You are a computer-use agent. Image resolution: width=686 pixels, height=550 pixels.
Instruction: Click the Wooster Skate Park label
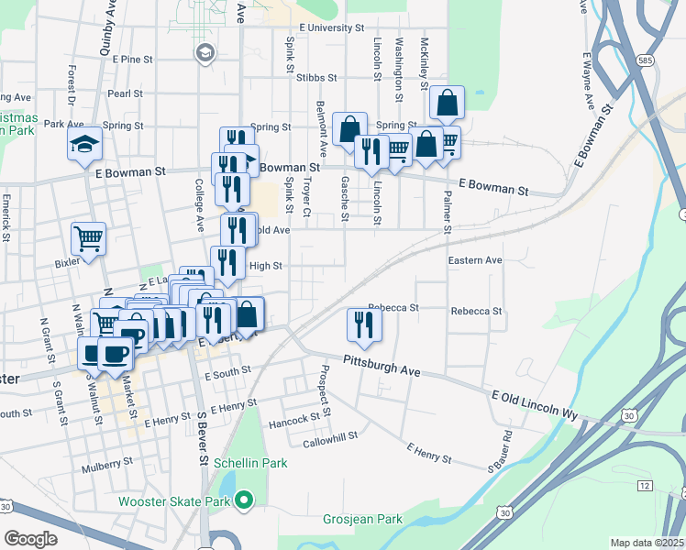[174, 501]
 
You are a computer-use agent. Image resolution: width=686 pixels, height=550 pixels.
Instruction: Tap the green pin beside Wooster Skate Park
[243, 500]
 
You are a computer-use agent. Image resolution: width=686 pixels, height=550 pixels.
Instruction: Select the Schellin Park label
[250, 463]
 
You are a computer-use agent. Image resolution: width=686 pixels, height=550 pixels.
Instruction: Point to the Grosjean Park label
[362, 520]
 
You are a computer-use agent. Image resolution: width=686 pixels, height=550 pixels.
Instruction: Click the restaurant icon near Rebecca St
[364, 325]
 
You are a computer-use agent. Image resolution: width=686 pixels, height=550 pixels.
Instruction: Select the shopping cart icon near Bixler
[89, 239]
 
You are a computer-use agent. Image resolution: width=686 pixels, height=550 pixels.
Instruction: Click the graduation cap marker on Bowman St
[83, 144]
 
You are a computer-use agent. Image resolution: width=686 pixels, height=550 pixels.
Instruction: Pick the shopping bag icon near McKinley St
[447, 103]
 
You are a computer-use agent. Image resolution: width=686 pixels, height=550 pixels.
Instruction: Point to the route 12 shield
[646, 484]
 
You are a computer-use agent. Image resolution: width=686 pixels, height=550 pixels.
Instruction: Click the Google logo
[30, 538]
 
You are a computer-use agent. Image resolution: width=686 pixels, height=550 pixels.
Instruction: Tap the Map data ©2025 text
[647, 543]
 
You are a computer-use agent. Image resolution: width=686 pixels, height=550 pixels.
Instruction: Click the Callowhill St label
[330, 439]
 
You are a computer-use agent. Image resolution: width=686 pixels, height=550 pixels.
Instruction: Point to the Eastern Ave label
[475, 261]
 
